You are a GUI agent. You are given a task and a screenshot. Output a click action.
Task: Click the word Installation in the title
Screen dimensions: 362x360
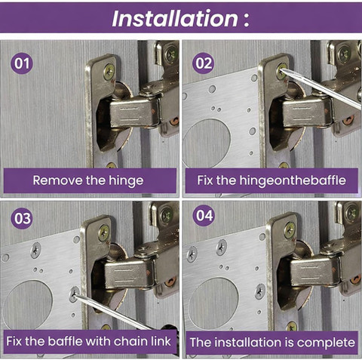coord(175,19)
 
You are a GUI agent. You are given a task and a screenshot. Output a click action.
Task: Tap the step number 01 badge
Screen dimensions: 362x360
coord(22,63)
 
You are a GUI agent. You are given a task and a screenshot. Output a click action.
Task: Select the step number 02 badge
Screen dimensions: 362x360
coord(204,63)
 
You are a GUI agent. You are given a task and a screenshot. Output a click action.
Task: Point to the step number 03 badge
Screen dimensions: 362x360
coord(23,218)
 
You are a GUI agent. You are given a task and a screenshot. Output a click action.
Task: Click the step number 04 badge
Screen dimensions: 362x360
coord(204,216)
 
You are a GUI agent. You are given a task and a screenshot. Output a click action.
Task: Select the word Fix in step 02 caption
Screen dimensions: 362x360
coord(205,180)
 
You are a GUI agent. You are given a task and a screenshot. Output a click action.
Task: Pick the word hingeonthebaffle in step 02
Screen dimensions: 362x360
coord(293,180)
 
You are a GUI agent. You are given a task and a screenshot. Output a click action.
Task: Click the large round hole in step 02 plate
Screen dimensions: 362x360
coord(207,143)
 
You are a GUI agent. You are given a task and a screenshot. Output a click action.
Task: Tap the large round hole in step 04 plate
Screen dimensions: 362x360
coord(213,303)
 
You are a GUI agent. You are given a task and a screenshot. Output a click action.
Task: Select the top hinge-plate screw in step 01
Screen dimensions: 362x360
coord(109,72)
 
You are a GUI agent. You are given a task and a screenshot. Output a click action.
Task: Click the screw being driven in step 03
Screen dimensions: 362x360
coord(74,294)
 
